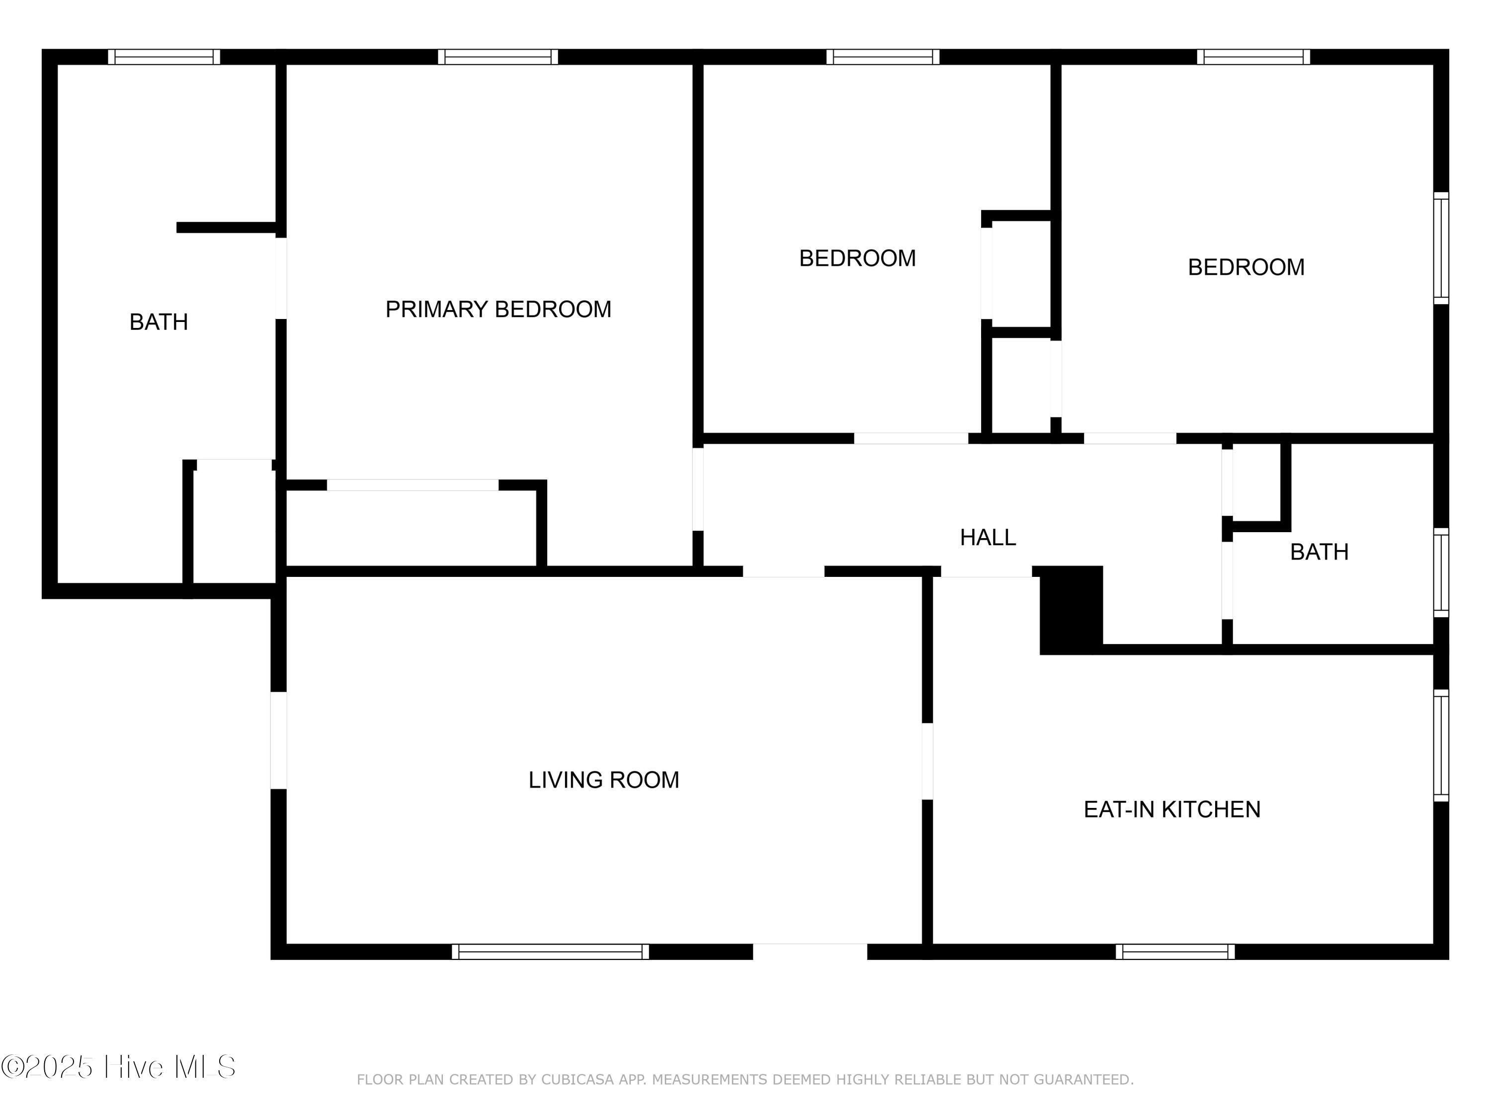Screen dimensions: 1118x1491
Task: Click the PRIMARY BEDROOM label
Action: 498,310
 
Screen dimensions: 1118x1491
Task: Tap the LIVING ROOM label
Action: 603,780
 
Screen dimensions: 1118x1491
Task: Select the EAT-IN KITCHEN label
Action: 1171,809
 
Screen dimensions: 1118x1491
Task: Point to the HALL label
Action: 988,537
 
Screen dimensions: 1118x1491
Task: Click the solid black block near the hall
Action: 1071,610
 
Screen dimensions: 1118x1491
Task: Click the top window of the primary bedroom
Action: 498,57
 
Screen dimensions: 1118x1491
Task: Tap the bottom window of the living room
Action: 550,952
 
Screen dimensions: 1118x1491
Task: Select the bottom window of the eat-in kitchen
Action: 1175,952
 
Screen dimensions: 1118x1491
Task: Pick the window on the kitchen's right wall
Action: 1440,745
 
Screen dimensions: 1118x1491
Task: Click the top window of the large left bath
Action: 164,57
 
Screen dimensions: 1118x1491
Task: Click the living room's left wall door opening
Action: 278,740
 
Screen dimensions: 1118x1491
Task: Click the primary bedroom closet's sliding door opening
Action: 413,485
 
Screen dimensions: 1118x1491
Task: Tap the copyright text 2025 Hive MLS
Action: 119,1067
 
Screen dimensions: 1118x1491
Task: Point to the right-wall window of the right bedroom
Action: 1440,248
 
